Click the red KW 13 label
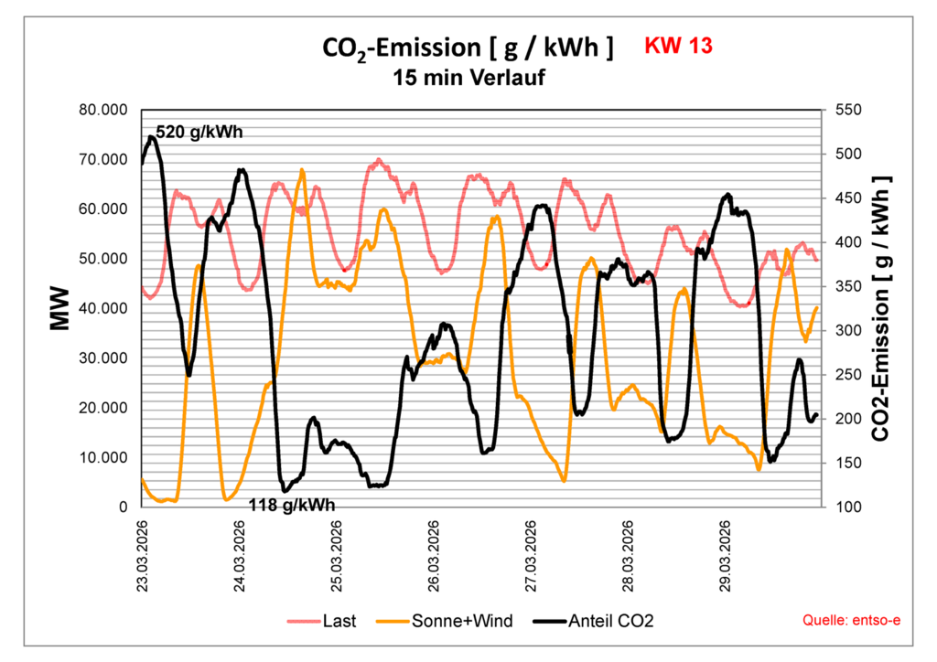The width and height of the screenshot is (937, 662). (x=678, y=46)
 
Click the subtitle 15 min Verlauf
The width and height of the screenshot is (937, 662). (x=468, y=78)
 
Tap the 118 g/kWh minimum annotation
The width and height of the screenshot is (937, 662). (x=293, y=504)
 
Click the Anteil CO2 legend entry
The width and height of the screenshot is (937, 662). (x=612, y=621)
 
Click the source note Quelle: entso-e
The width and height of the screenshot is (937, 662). (x=851, y=621)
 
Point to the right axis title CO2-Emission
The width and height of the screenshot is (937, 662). (x=880, y=308)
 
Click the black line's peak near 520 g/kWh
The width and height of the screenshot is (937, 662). (x=151, y=137)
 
